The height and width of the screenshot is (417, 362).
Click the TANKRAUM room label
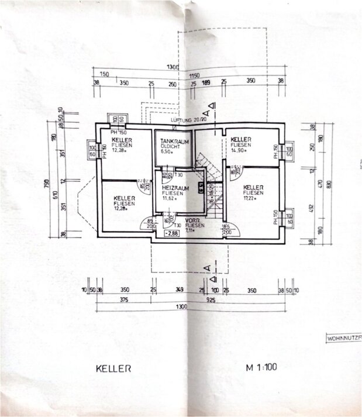pos(170,140)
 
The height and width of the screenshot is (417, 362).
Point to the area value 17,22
pos(251,198)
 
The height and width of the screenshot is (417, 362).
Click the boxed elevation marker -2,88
pos(173,233)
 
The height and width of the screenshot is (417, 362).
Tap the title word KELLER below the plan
pos(113,369)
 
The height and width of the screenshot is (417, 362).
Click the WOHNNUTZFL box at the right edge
pos(343,339)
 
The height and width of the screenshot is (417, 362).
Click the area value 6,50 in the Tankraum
pos(168,152)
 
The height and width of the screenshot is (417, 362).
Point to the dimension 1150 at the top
pos(194,75)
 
